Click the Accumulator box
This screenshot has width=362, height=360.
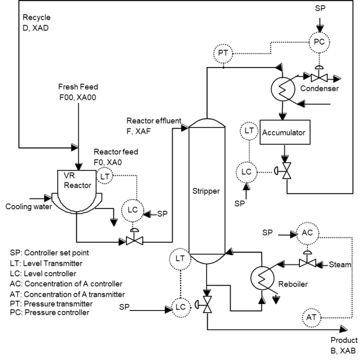[282, 131]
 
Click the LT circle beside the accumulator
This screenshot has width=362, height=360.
[249, 130]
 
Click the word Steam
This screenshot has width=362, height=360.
[341, 264]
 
